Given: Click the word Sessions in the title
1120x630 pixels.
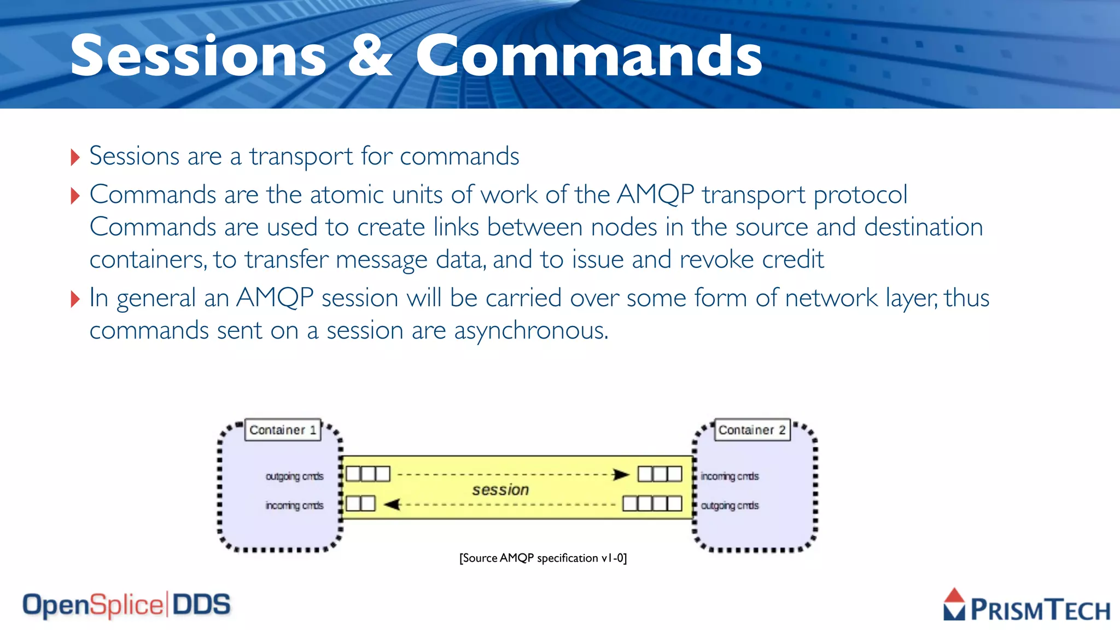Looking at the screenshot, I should tap(198, 56).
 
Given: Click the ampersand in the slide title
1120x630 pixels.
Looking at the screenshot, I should tap(370, 56).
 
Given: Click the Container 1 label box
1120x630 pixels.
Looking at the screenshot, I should tap(282, 430).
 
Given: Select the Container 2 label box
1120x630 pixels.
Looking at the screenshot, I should tap(752, 430).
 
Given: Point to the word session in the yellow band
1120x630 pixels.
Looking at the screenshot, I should tap(500, 489).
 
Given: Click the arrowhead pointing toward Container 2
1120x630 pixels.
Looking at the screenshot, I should tap(621, 474).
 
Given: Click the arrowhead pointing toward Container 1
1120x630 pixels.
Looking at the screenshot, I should tap(392, 504).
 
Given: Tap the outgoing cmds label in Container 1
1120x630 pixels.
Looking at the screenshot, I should tap(294, 476).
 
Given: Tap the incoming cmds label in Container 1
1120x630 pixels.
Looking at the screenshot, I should tap(294, 505).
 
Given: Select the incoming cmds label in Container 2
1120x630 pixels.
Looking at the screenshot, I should tap(730, 476).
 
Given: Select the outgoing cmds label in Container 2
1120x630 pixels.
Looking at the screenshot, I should tap(730, 505).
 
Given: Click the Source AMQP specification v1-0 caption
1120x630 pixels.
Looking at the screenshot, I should tap(542, 558).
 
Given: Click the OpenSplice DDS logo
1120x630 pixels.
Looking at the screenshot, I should tap(126, 605).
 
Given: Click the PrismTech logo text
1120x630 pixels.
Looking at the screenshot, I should tap(1040, 610).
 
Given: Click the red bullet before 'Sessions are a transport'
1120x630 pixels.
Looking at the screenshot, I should tap(75, 157).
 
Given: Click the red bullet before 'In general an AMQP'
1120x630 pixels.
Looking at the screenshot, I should tap(75, 299).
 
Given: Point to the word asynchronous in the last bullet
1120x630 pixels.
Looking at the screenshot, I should tap(530, 331).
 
